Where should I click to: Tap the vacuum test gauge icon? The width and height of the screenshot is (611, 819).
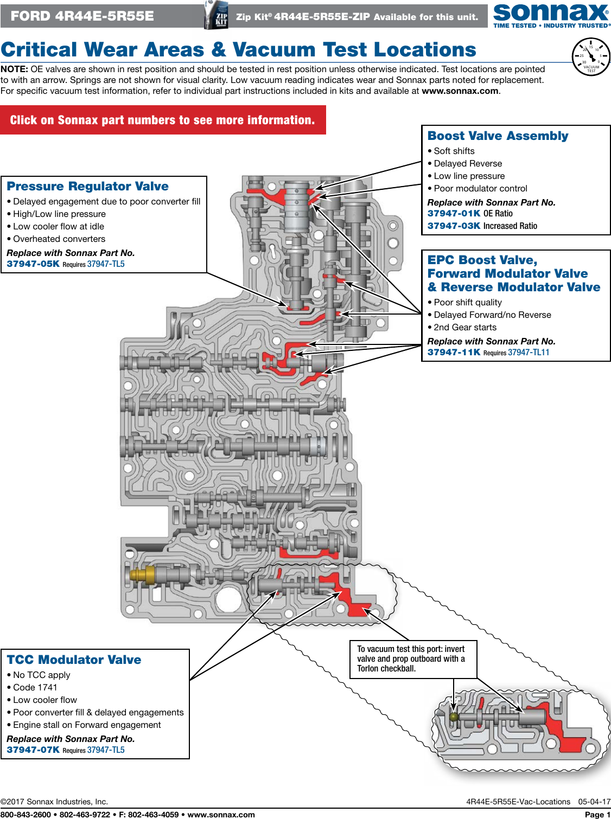(591, 57)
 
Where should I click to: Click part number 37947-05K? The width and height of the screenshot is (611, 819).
(33, 264)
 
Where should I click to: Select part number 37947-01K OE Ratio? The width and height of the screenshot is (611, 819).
(454, 214)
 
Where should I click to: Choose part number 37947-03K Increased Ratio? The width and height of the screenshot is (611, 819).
(454, 226)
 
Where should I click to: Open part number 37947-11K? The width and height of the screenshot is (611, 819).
(454, 353)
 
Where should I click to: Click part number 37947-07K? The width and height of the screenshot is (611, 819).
(33, 750)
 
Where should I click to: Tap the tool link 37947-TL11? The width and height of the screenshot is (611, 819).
(529, 353)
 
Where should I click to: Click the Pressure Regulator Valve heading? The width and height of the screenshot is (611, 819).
(87, 187)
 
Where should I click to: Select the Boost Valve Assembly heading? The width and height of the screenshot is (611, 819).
(498, 136)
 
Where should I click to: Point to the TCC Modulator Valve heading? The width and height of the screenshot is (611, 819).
(74, 660)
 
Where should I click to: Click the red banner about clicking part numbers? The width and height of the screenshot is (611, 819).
(163, 120)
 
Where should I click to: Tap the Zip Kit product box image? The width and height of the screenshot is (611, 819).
(216, 15)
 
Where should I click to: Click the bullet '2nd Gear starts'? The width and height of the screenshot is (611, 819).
(465, 328)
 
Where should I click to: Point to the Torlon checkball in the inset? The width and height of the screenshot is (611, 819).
(454, 717)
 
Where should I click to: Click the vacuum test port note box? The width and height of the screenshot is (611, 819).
(413, 659)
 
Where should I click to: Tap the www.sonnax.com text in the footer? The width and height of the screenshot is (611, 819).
(221, 815)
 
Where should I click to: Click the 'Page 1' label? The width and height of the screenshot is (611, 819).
(597, 815)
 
